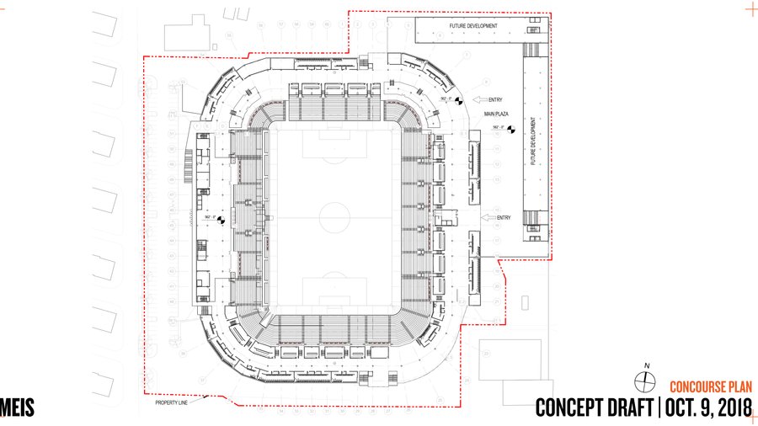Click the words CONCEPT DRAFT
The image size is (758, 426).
(595, 408)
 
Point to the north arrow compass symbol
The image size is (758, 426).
(647, 382)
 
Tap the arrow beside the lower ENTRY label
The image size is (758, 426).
(487, 218)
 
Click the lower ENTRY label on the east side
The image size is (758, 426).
(504, 218)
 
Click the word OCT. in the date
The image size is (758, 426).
(686, 408)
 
